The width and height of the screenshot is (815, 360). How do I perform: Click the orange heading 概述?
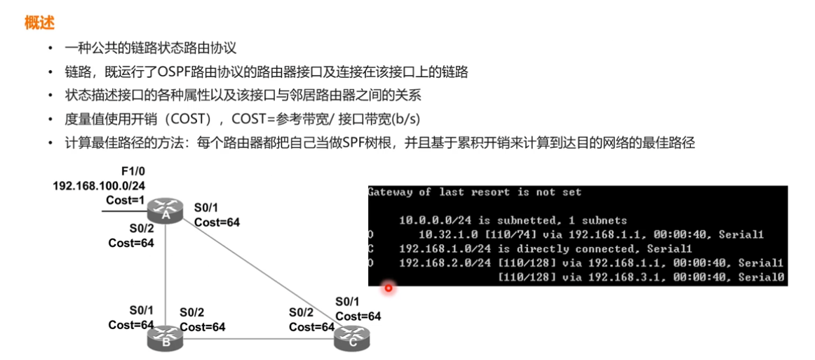[39, 23]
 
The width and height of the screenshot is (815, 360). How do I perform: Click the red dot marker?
[388, 287]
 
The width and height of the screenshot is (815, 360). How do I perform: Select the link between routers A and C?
[260, 274]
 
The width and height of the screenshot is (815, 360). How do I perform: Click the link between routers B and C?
[260, 340]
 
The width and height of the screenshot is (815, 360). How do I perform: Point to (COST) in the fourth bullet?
[189, 119]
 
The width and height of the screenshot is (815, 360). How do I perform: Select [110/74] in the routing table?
[503, 234]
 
